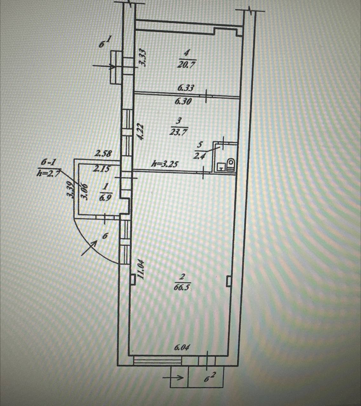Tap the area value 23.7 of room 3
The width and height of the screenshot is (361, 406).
point(178,132)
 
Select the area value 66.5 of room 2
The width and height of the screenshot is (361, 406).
point(182,287)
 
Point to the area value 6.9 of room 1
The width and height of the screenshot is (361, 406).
point(105,199)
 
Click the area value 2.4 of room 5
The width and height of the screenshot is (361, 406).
point(199,156)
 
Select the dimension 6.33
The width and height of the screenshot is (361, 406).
point(185,88)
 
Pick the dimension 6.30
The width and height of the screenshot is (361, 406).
point(183,101)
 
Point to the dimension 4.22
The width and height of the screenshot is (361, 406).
point(141,132)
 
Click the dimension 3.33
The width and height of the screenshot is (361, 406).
point(143,57)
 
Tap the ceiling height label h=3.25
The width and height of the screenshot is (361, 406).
point(165,164)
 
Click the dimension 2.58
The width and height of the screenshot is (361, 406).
point(104,154)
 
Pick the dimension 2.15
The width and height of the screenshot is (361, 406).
point(101,169)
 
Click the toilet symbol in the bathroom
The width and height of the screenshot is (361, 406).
point(231,164)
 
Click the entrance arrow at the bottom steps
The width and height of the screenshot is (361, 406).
point(173,377)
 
